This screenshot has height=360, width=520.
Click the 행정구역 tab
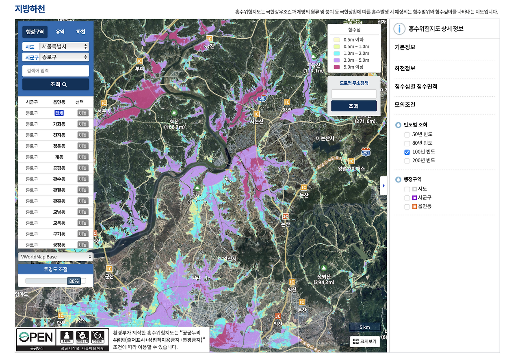35,32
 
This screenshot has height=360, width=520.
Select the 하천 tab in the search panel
81,32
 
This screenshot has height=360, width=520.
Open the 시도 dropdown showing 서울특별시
64,46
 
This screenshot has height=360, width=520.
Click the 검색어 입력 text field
56,71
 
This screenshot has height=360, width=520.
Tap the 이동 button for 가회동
83,124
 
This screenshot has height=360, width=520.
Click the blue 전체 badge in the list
59,113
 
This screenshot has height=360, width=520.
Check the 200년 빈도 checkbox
407,160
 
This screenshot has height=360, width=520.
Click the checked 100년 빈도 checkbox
407,152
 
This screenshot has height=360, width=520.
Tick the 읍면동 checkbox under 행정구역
407,206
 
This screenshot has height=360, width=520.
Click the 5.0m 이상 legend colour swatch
336,67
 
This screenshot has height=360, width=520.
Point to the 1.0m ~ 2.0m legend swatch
336,53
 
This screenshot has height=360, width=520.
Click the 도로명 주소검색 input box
353,94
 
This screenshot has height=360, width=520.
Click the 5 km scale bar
364,327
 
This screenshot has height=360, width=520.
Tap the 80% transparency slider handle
74,281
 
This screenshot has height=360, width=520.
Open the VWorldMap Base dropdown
56,257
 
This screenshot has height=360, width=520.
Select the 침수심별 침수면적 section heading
416,87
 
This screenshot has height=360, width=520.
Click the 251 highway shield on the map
366,152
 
